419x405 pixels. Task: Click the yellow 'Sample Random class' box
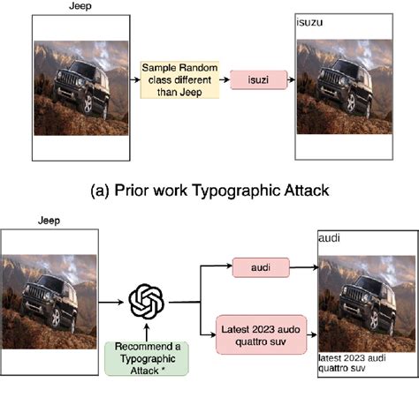(179, 79)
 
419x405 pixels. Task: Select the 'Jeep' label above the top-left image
(80, 7)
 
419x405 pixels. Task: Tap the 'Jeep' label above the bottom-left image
(49, 221)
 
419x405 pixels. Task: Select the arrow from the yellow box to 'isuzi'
(224, 80)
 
